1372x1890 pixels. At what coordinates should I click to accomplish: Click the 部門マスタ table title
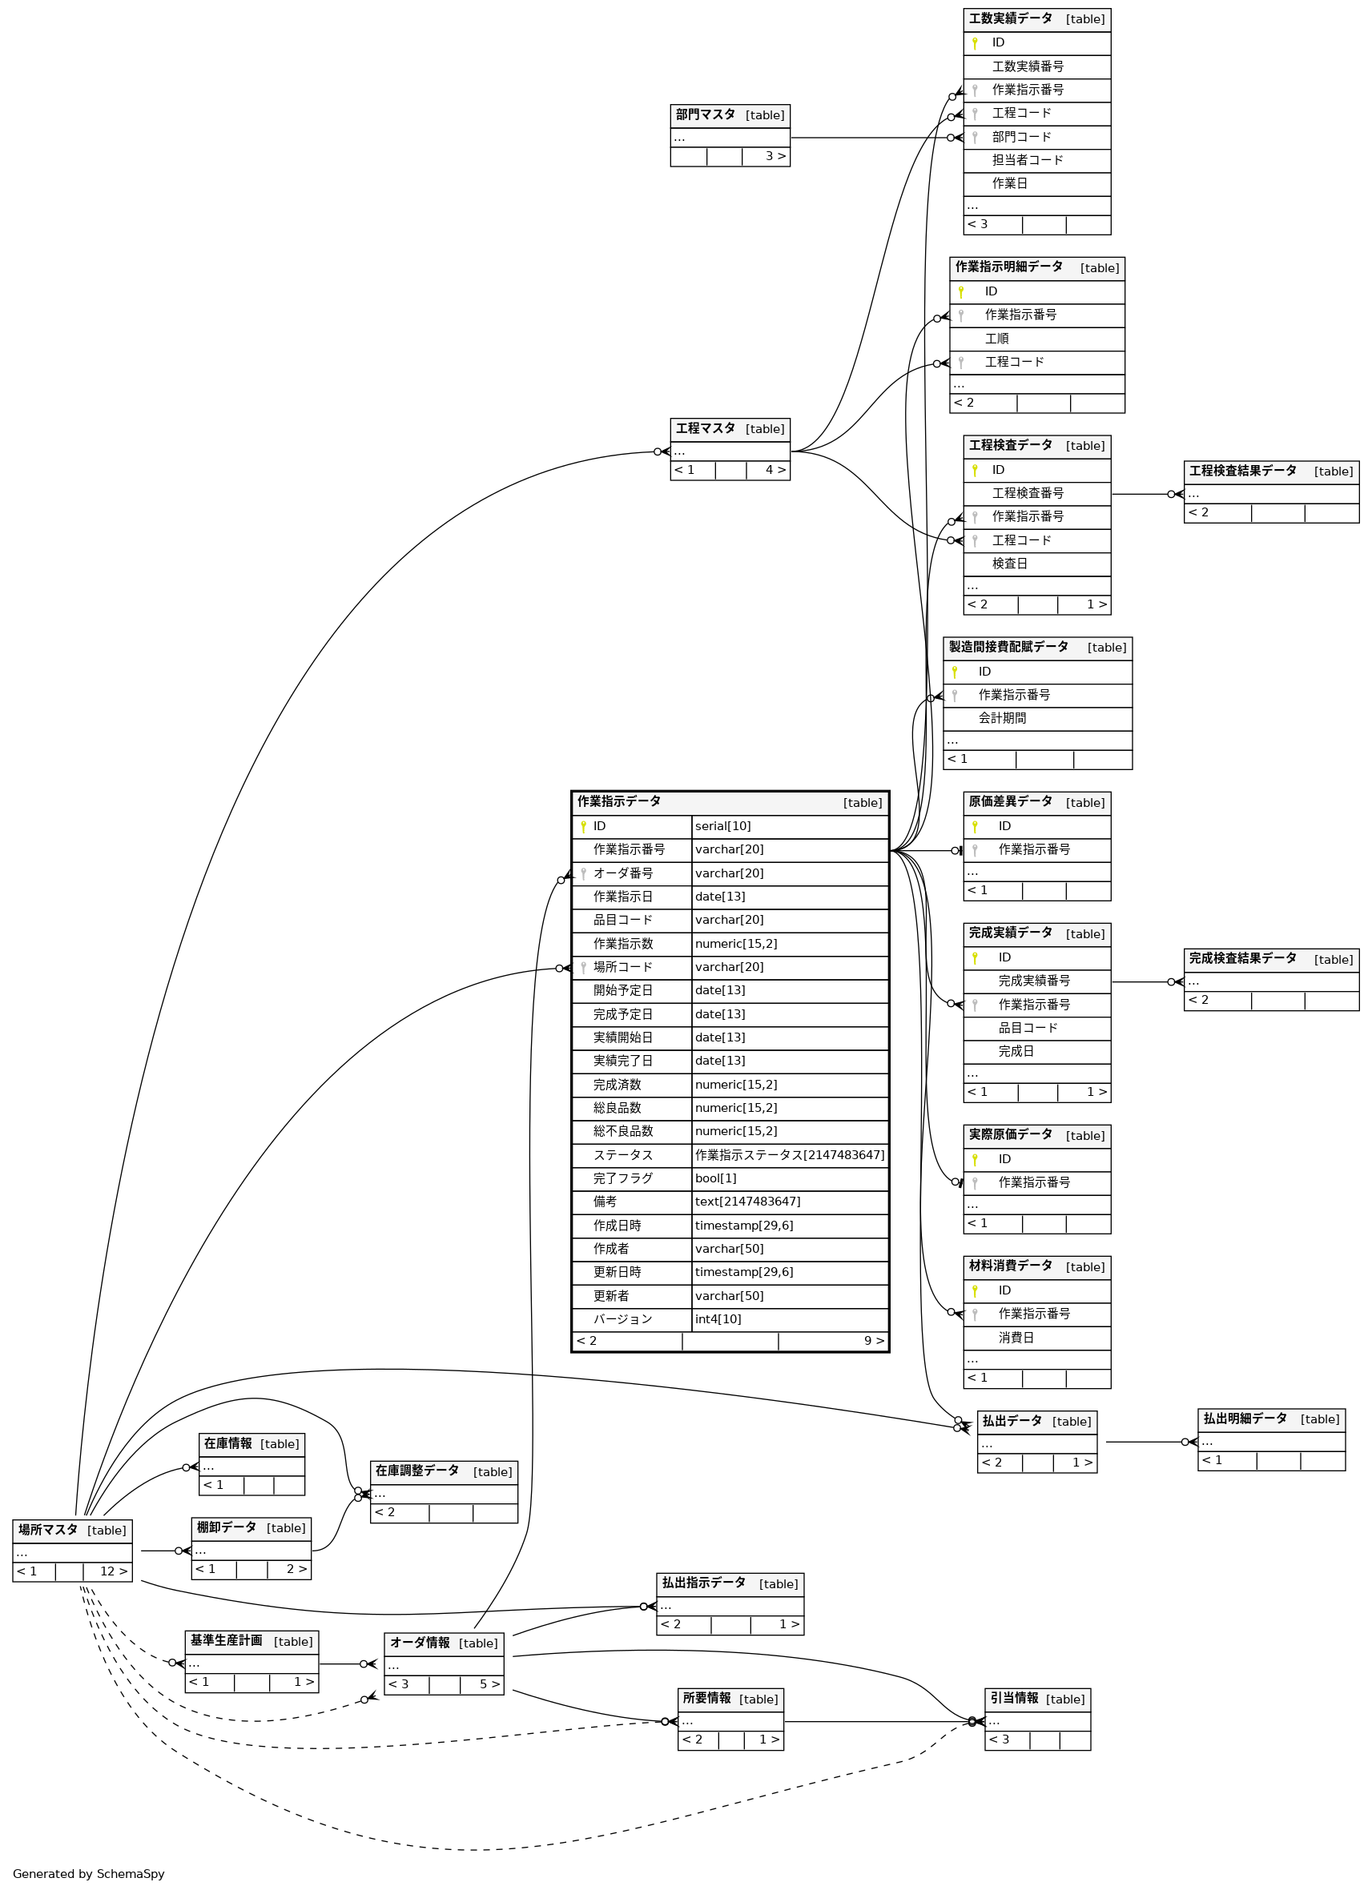pyautogui.click(x=705, y=115)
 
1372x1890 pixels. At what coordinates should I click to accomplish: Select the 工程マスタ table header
pyautogui.click(x=705, y=428)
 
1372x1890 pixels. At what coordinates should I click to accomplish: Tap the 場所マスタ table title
pyautogui.click(x=48, y=1530)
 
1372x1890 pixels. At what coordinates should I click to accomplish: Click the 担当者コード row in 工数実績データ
pyautogui.click(x=1027, y=160)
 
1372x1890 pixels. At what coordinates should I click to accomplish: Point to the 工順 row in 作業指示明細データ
pyautogui.click(x=997, y=339)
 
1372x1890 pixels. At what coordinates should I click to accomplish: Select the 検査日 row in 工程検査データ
pyautogui.click(x=1009, y=564)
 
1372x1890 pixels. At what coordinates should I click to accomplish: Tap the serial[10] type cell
pyautogui.click(x=722, y=826)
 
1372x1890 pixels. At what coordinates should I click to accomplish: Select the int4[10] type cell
pyautogui.click(x=718, y=1319)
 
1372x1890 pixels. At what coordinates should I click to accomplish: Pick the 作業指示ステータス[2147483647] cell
pyautogui.click(x=790, y=1155)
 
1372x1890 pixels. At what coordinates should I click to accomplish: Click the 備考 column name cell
pyautogui.click(x=606, y=1202)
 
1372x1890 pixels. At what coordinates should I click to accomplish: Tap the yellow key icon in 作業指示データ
pyautogui.click(x=583, y=827)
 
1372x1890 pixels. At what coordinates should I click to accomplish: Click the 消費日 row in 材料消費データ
pyautogui.click(x=1016, y=1338)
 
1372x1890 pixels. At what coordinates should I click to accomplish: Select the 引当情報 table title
pyautogui.click(x=1013, y=1699)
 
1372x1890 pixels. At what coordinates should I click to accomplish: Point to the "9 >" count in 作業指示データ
pyautogui.click(x=873, y=1341)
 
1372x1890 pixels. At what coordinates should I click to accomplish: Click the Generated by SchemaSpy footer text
pyautogui.click(x=88, y=1874)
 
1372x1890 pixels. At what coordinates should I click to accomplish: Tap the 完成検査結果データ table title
pyautogui.click(x=1242, y=958)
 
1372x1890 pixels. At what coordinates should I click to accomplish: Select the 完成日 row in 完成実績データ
pyautogui.click(x=1016, y=1052)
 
